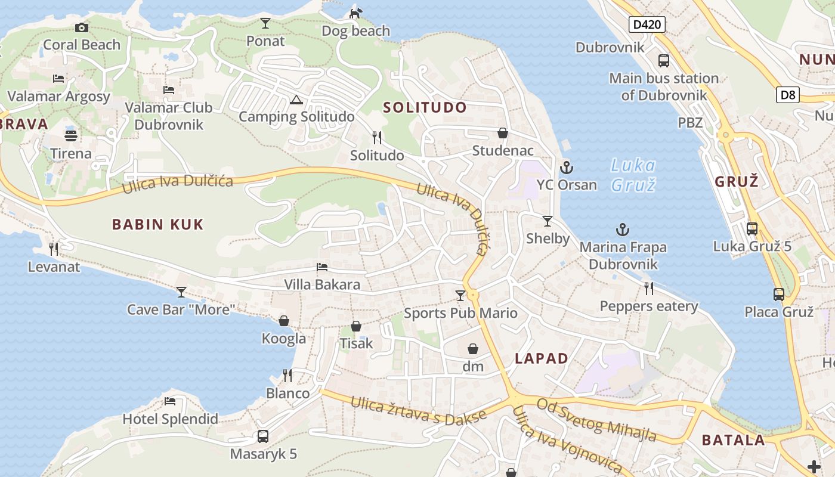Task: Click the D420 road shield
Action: [x=647, y=24]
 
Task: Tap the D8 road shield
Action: [x=788, y=94]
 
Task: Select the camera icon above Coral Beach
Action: [x=82, y=27]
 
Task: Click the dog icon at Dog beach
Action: [x=355, y=13]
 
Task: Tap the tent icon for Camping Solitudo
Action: [x=296, y=100]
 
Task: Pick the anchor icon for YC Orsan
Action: [x=566, y=167]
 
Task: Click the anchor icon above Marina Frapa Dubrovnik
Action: [x=623, y=230]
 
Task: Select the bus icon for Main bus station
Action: [x=663, y=60]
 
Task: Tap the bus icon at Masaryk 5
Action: [x=263, y=436]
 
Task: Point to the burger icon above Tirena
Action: [x=71, y=135]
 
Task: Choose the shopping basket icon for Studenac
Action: [x=503, y=133]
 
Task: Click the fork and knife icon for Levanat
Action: [x=54, y=249]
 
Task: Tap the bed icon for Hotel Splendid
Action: [x=170, y=401]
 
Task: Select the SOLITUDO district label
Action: [x=425, y=108]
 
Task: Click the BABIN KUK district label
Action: [x=158, y=225]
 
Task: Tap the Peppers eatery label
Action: [x=649, y=306]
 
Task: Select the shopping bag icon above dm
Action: [x=473, y=349]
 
